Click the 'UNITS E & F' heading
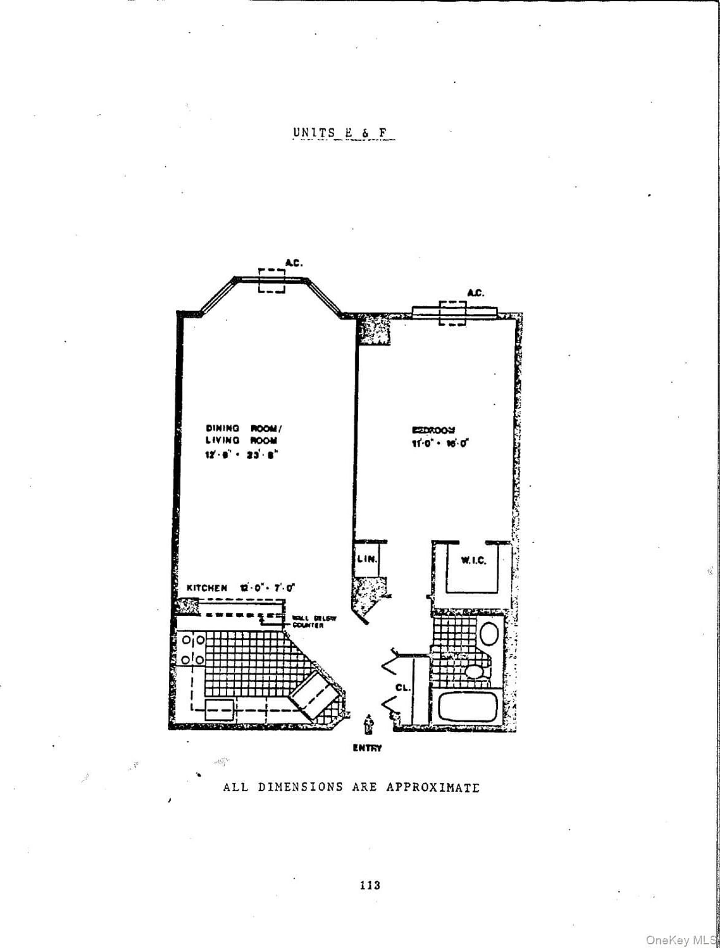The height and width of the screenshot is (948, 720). [342, 133]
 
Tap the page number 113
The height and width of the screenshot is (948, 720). [370, 885]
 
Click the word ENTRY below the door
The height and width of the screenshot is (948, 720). [367, 748]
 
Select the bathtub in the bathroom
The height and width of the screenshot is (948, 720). [467, 707]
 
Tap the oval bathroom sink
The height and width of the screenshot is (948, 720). [489, 634]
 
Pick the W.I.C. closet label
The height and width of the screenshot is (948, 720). [473, 560]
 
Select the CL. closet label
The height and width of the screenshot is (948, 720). [402, 687]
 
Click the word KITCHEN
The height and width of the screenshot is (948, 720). [207, 588]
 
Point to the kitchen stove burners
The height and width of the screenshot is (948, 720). [192, 650]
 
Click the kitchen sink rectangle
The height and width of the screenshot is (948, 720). [219, 710]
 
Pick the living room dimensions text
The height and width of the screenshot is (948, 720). [242, 454]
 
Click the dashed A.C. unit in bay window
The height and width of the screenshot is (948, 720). [271, 281]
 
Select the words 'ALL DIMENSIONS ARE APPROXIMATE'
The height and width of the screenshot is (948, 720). [351, 787]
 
